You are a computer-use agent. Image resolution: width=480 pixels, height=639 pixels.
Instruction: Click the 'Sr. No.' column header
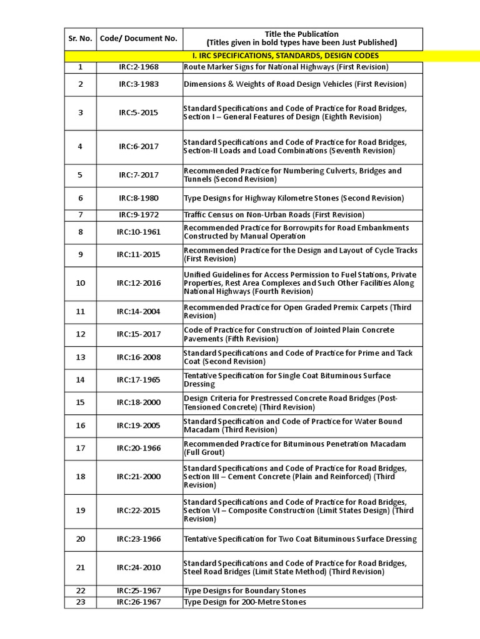(80, 39)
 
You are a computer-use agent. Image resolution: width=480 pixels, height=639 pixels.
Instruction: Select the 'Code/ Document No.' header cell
(139, 39)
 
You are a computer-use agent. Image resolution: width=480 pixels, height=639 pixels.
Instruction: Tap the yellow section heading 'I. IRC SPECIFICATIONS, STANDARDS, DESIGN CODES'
(302, 56)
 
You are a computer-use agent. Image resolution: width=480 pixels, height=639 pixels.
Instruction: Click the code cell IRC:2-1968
(139, 67)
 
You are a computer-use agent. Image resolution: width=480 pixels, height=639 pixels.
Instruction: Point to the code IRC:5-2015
(139, 113)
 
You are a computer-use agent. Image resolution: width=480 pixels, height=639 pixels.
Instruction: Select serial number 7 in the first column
(80, 215)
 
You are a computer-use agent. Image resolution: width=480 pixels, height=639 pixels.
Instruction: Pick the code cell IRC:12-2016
(139, 283)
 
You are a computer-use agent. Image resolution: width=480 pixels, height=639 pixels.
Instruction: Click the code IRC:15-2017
(139, 334)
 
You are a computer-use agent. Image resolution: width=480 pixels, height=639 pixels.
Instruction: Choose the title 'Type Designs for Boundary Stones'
(245, 591)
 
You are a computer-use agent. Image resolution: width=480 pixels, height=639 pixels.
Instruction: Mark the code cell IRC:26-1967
(139, 602)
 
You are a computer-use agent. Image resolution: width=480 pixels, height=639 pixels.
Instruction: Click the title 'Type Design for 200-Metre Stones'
(245, 602)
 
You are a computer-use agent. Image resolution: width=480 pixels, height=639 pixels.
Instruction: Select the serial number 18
(80, 477)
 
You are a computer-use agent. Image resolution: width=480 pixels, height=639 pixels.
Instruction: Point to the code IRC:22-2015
(139, 510)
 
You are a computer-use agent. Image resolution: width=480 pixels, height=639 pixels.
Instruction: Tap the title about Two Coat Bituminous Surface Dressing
(300, 539)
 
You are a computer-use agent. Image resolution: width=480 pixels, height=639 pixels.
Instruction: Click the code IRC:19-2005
(139, 426)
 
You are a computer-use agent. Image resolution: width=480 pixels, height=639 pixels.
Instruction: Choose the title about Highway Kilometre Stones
(294, 198)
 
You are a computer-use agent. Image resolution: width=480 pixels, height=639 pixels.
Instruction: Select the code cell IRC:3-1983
(139, 84)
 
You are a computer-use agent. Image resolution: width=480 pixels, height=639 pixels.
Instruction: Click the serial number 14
(80, 380)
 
